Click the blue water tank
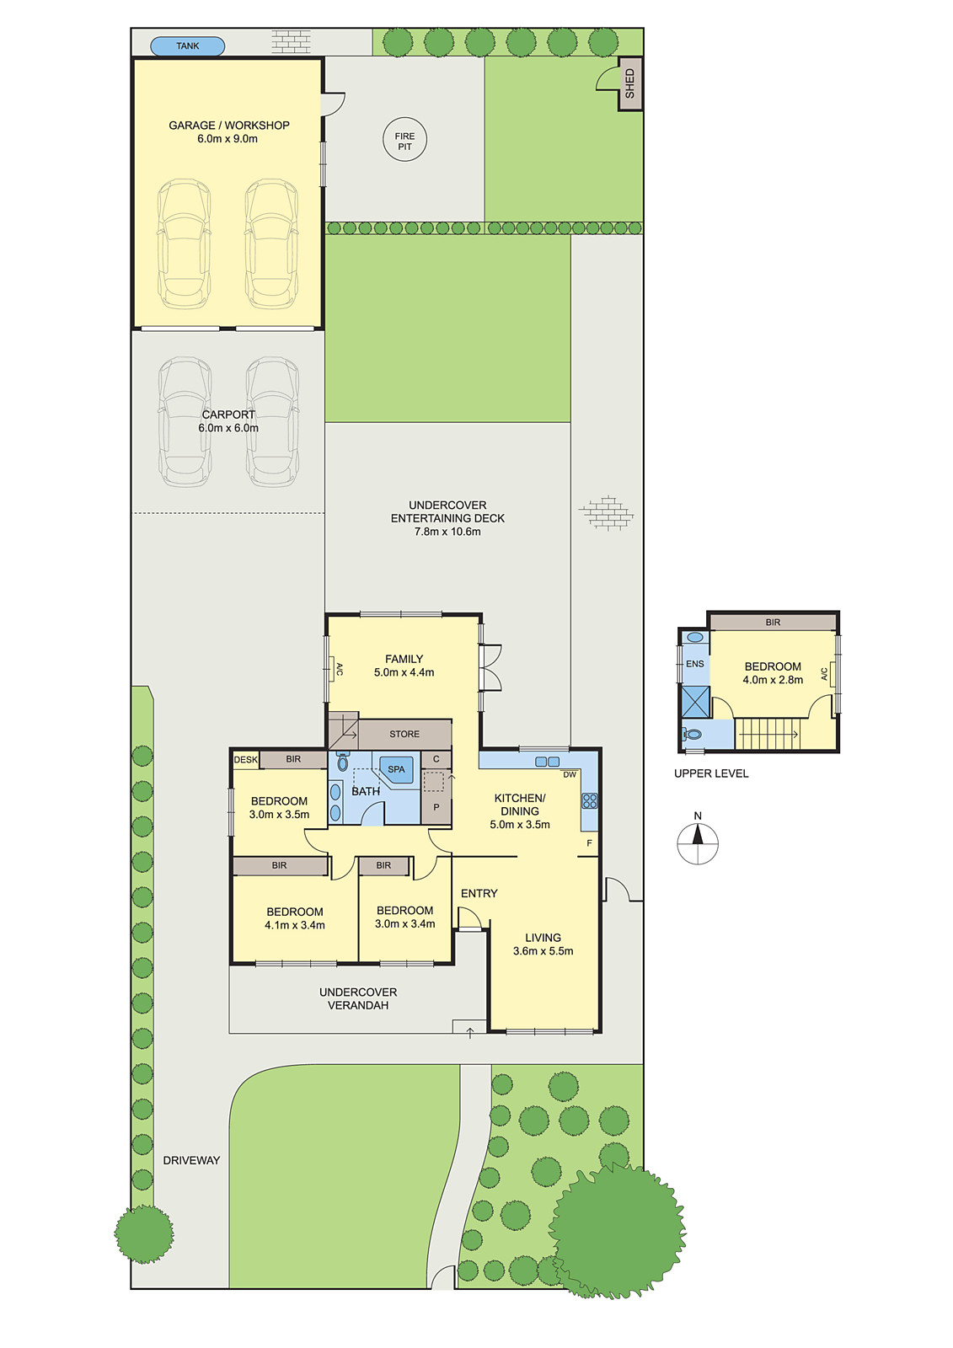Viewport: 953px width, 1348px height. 187,46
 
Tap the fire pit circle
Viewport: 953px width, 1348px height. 404,141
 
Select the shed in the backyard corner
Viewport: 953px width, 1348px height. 629,83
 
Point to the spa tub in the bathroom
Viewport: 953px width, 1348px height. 396,769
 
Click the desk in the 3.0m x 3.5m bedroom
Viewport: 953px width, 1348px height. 245,760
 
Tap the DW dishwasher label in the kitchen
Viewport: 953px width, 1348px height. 570,774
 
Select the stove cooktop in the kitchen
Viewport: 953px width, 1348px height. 589,800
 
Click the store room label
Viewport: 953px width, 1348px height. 404,734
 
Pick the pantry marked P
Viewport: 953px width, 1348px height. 436,807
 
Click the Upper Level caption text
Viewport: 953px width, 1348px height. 711,773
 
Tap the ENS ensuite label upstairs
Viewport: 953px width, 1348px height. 694,664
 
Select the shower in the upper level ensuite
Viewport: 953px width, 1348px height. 695,702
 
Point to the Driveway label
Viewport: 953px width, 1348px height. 191,1160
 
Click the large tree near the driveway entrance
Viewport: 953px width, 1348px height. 144,1233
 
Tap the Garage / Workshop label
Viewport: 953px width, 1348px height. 228,126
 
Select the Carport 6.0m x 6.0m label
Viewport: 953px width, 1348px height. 228,421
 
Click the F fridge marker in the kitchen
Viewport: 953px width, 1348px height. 589,843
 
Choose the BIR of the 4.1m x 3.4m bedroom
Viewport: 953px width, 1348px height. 279,865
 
